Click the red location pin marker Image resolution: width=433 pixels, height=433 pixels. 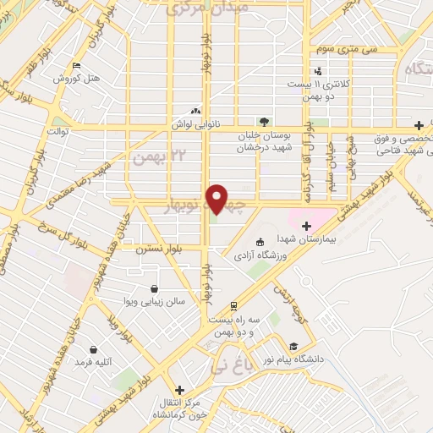(x=217, y=199)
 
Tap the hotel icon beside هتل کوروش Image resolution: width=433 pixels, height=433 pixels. (x=77, y=66)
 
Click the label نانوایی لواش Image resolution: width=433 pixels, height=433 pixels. (x=196, y=123)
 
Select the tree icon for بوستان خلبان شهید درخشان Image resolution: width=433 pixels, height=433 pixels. (x=264, y=121)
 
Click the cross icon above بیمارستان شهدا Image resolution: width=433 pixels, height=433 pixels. (x=306, y=225)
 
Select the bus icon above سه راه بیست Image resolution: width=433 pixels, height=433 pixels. (x=233, y=306)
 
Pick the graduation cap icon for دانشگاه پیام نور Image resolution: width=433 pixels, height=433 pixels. (x=293, y=346)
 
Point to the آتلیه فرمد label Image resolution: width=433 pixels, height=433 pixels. (x=94, y=362)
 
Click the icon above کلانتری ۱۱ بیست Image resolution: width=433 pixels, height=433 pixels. (x=318, y=71)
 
